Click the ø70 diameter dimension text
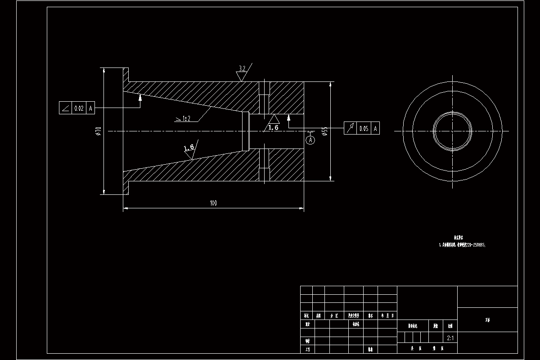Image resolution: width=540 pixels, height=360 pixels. [x=98, y=131]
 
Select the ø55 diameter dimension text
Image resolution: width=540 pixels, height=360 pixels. [x=324, y=131]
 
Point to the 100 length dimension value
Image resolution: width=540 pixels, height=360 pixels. [x=213, y=203]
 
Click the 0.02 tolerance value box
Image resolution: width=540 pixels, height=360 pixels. [x=79, y=108]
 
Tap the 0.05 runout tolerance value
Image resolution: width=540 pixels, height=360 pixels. [x=364, y=129]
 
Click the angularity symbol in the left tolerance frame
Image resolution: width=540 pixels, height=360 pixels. [x=66, y=108]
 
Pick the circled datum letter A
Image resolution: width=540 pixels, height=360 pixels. [x=310, y=140]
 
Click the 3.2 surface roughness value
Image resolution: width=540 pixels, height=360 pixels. [x=242, y=69]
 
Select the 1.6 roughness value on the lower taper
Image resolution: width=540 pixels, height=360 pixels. [x=189, y=147]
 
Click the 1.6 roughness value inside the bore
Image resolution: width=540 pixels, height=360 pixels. [x=273, y=128]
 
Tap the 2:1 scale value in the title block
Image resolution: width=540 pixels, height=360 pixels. [x=450, y=337]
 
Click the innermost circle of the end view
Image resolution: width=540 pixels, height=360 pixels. [x=452, y=131]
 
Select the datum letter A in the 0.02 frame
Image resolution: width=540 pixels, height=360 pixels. [x=90, y=108]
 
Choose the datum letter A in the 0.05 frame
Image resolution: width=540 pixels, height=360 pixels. [x=376, y=129]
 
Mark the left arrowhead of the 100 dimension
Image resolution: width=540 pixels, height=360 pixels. [x=126, y=208]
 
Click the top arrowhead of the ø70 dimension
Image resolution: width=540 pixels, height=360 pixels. [x=104, y=70]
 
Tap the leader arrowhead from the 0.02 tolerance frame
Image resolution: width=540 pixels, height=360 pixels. [x=140, y=96]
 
